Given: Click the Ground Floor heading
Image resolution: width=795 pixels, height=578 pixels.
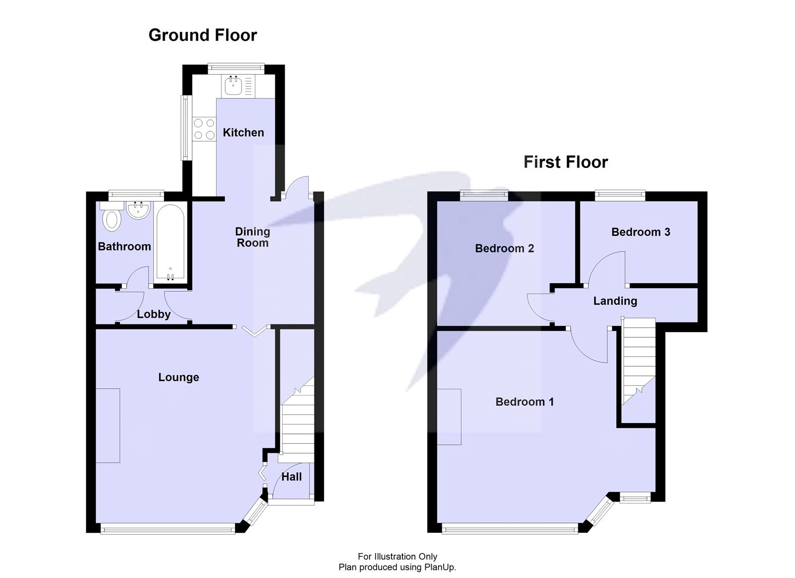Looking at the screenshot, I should pyautogui.click(x=202, y=35).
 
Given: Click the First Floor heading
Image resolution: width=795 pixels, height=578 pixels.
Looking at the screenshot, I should pyautogui.click(x=565, y=162).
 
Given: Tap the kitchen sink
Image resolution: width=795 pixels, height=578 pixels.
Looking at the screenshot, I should pyautogui.click(x=233, y=86).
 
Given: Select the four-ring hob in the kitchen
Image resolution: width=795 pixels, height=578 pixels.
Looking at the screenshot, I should pyautogui.click(x=204, y=128).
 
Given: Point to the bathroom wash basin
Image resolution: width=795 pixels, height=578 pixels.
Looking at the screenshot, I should pyautogui.click(x=138, y=210).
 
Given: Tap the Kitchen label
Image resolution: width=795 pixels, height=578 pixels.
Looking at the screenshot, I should pyautogui.click(x=243, y=133).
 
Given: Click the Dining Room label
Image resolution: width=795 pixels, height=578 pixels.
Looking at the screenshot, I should pyautogui.click(x=252, y=237).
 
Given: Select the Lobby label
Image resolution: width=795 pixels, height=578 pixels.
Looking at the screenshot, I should pyautogui.click(x=154, y=314).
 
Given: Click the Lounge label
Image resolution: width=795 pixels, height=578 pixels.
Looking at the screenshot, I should pyautogui.click(x=178, y=377).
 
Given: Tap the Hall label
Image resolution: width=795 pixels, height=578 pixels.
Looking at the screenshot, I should pyautogui.click(x=291, y=477).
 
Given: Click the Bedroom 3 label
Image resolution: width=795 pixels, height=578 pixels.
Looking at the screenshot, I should pyautogui.click(x=640, y=232).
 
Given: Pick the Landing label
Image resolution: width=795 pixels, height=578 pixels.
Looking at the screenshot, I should pyautogui.click(x=615, y=301).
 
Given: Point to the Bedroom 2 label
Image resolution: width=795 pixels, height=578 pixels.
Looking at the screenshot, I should pyautogui.click(x=504, y=248).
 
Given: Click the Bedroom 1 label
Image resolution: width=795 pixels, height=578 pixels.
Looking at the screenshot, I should pyautogui.click(x=524, y=402).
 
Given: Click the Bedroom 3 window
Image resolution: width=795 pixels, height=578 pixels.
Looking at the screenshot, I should pyautogui.click(x=620, y=195).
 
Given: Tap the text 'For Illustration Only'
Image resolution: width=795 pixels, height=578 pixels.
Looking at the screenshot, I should pyautogui.click(x=397, y=557).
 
